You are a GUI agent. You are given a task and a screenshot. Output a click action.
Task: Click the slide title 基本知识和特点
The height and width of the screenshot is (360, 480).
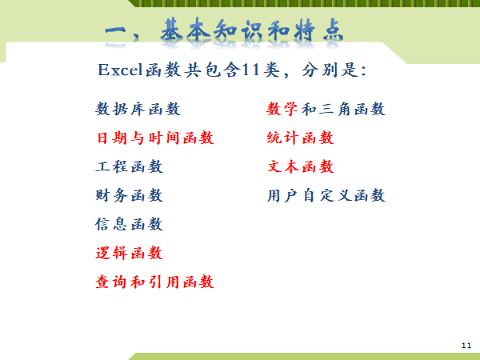(x=252, y=30)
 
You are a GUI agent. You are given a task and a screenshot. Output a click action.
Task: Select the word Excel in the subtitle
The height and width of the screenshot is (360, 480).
(x=120, y=70)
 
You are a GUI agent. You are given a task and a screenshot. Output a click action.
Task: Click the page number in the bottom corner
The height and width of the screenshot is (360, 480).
(x=466, y=346)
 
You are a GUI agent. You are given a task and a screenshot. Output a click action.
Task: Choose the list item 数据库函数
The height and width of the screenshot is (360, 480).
(x=138, y=109)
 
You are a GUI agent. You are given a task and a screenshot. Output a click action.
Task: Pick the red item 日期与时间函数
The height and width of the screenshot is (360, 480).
(x=155, y=138)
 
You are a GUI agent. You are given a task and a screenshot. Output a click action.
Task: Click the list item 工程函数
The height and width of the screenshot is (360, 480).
(x=129, y=166)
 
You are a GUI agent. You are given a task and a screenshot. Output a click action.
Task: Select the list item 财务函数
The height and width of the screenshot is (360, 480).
(x=129, y=195)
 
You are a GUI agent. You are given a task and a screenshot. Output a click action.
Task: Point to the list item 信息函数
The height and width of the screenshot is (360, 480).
(x=129, y=224)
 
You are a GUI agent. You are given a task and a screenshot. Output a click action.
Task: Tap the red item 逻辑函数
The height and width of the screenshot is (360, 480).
(x=129, y=253)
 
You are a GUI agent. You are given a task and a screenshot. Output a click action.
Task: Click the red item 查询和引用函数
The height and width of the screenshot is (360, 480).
(x=155, y=282)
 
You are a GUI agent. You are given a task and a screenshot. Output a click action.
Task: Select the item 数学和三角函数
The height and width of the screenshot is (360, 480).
(x=326, y=109)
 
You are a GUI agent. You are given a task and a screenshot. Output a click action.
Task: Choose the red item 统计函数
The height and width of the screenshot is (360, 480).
(x=300, y=138)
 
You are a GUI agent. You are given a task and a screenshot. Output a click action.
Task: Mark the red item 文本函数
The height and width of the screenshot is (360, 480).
(x=300, y=166)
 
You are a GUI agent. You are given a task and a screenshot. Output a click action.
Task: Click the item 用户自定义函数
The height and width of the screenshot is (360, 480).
(x=326, y=195)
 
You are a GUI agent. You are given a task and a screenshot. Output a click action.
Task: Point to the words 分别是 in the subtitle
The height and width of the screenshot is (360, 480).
(x=330, y=70)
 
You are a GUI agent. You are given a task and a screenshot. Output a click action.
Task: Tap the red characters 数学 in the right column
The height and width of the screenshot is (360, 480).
(x=282, y=109)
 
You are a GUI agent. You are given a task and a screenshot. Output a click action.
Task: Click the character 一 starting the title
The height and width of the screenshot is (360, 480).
(x=115, y=32)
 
